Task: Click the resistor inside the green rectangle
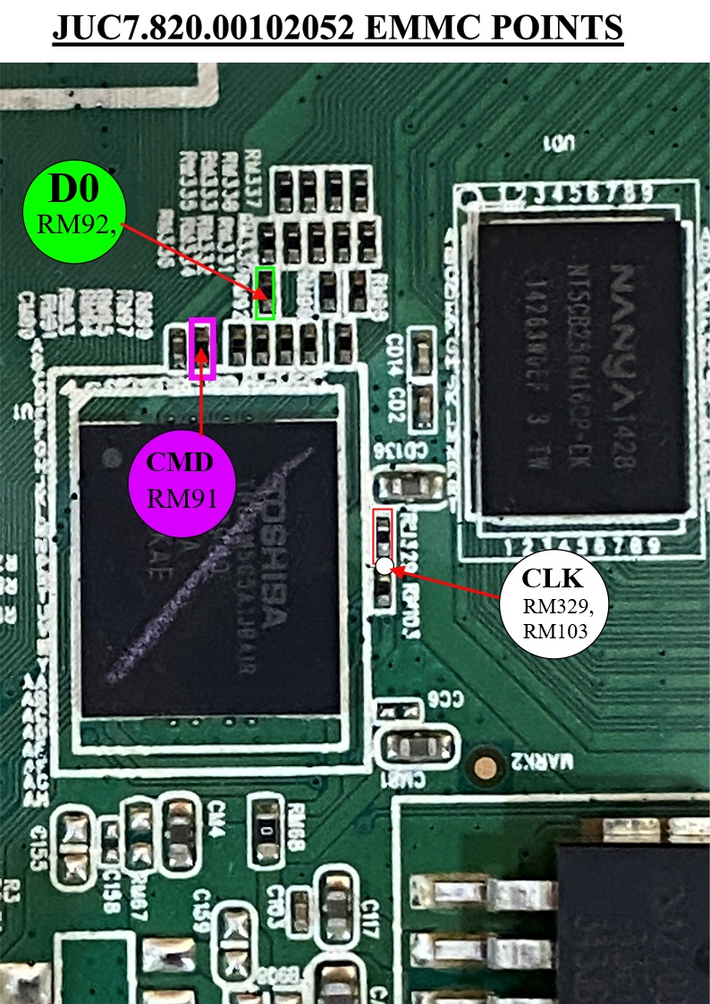click(x=265, y=291)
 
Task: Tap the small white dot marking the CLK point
click(x=385, y=565)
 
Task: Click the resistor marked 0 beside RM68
click(x=265, y=829)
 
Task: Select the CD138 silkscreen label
click(x=400, y=455)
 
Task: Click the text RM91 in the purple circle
click(x=181, y=497)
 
